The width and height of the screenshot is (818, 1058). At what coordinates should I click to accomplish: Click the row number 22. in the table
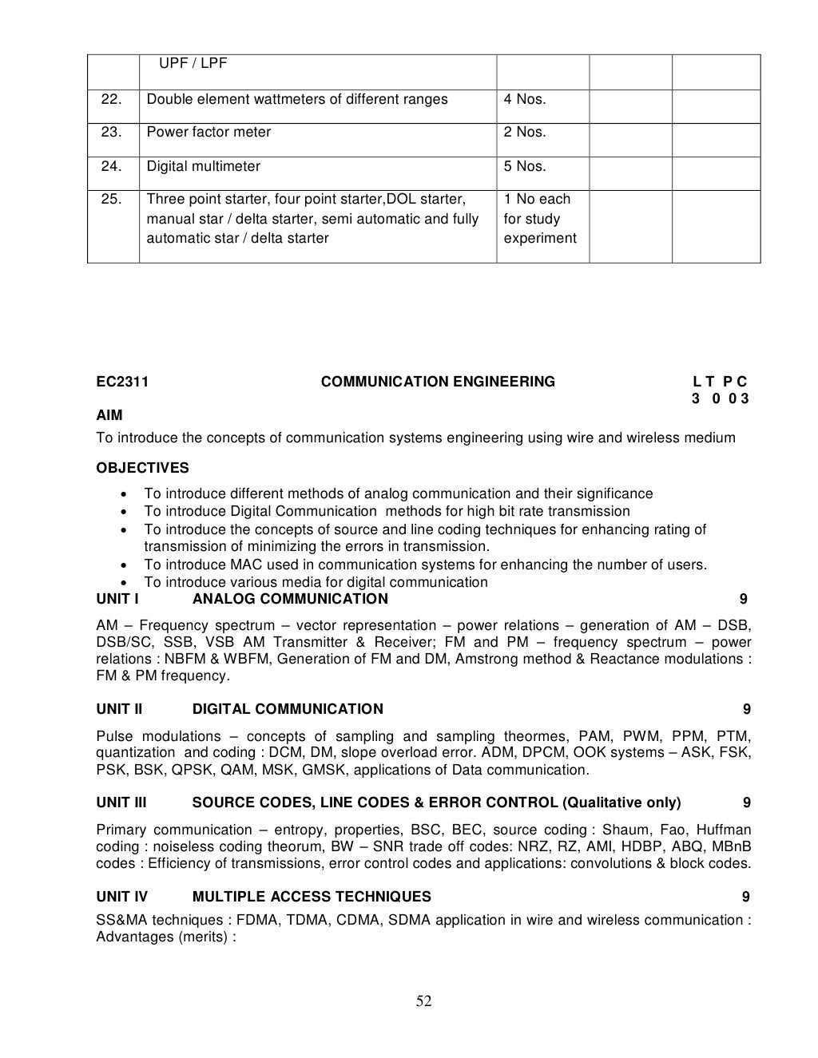coord(111,100)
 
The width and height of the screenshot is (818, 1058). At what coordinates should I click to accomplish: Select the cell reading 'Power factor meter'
coord(208,133)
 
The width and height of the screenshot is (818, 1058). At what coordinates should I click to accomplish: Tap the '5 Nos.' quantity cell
coord(524,166)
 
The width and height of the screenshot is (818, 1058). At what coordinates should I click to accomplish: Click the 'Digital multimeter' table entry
coord(203,166)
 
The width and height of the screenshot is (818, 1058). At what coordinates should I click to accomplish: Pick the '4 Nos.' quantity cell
coord(524,100)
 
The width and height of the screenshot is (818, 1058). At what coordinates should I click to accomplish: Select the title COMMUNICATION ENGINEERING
coord(438,382)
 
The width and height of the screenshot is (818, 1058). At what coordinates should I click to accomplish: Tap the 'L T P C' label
coord(721,382)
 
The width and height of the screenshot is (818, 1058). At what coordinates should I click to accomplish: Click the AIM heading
coord(109,415)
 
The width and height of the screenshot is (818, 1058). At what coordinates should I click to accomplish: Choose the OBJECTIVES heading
coord(142,468)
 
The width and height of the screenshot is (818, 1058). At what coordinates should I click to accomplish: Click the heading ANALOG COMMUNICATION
coord(290,599)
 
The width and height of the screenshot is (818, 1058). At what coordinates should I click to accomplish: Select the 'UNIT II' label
coord(119,709)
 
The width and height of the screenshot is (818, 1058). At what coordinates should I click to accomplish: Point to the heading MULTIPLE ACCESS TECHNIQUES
coord(312,897)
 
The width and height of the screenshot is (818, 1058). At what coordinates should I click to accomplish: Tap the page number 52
coord(423,1002)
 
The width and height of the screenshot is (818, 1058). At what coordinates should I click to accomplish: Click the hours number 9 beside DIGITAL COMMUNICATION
coord(746,709)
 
